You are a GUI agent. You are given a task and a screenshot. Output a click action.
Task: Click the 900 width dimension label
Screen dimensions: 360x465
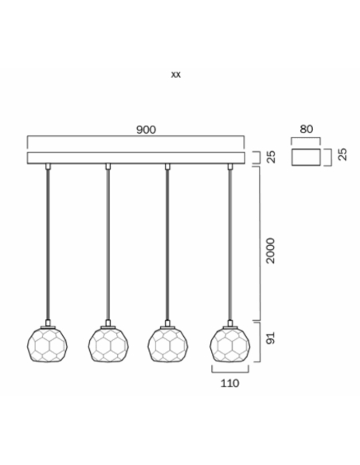pos(146,130)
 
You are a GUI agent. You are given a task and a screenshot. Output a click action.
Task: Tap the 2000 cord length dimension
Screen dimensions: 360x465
pos(271,250)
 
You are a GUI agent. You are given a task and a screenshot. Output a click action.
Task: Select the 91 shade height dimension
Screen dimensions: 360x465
pos(271,338)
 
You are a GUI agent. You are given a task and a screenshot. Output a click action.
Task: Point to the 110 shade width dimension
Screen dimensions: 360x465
pos(229,383)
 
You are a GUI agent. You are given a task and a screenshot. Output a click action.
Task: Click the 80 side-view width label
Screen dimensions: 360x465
pos(306,129)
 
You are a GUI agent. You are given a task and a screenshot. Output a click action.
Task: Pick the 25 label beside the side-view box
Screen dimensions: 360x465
pos(342,154)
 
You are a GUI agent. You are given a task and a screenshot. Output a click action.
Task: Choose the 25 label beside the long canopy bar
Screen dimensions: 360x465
pos(271,157)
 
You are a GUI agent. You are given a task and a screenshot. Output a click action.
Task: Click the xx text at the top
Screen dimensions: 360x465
pos(175,74)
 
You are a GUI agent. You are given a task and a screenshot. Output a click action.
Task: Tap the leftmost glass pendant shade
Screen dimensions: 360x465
pos(47,345)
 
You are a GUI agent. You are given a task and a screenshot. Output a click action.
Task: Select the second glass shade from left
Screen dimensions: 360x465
pos(108,345)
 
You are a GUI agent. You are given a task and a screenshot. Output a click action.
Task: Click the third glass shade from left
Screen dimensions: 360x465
pos(168,345)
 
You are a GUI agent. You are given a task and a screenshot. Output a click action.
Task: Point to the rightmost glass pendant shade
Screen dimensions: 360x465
pos(230,345)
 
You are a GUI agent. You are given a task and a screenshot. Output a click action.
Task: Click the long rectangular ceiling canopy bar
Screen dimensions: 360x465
pos(136,158)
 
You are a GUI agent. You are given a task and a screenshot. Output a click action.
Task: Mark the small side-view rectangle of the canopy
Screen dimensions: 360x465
pos(306,157)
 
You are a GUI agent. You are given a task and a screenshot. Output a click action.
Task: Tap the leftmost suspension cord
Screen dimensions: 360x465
pos(48,244)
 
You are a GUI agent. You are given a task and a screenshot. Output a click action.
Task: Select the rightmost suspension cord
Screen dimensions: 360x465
pos(230,244)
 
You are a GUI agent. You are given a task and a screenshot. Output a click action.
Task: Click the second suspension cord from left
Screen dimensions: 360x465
pos(108,244)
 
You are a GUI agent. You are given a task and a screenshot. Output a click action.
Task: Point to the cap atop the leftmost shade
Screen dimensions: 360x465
pos(48,324)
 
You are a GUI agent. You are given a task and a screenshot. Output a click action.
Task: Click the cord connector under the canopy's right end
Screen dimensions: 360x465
pos(230,166)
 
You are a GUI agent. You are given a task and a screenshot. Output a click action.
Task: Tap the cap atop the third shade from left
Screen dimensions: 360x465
pos(167,324)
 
